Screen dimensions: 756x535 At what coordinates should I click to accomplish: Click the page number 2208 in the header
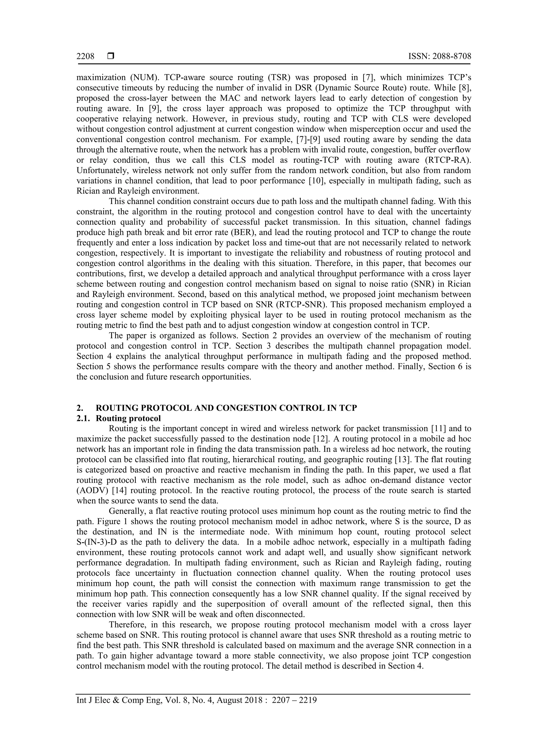pos(85,56)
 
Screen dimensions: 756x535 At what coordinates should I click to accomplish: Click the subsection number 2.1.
pos(83,419)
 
